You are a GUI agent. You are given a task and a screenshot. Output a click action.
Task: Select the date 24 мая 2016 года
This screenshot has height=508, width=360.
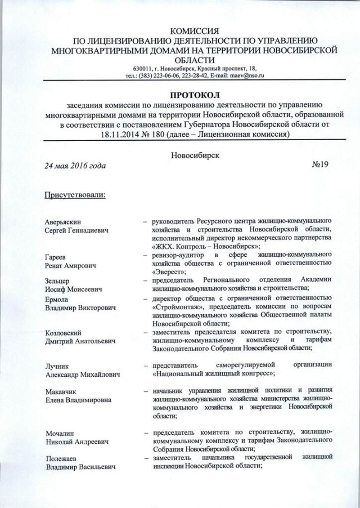pos(75,165)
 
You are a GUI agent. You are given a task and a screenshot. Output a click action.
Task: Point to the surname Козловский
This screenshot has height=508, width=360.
pos(63,333)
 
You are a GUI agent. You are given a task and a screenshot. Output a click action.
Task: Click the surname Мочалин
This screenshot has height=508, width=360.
pos(59,434)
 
